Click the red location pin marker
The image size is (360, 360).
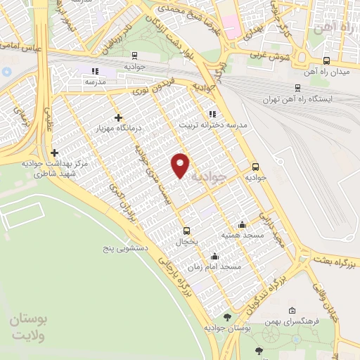pos(181,165)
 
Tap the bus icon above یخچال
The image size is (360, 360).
pos(186,231)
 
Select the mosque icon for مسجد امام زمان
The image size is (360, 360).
pos(214,257)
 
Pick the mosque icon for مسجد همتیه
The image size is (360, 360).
pos(243,224)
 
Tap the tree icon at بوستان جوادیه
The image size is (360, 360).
pos(226,318)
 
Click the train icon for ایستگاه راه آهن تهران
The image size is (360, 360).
pos(298,88)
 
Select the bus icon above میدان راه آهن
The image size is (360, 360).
pos(326,61)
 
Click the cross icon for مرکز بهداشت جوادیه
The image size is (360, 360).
pos(54,152)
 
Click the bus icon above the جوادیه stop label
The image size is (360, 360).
pos(255,167)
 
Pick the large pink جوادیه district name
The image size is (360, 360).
pos(228,179)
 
